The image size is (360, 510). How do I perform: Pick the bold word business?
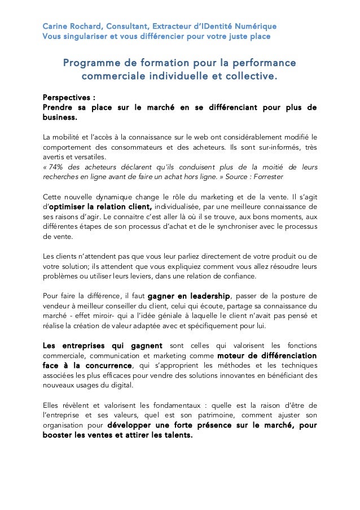point(59,118)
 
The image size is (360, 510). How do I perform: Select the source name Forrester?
point(266,177)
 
